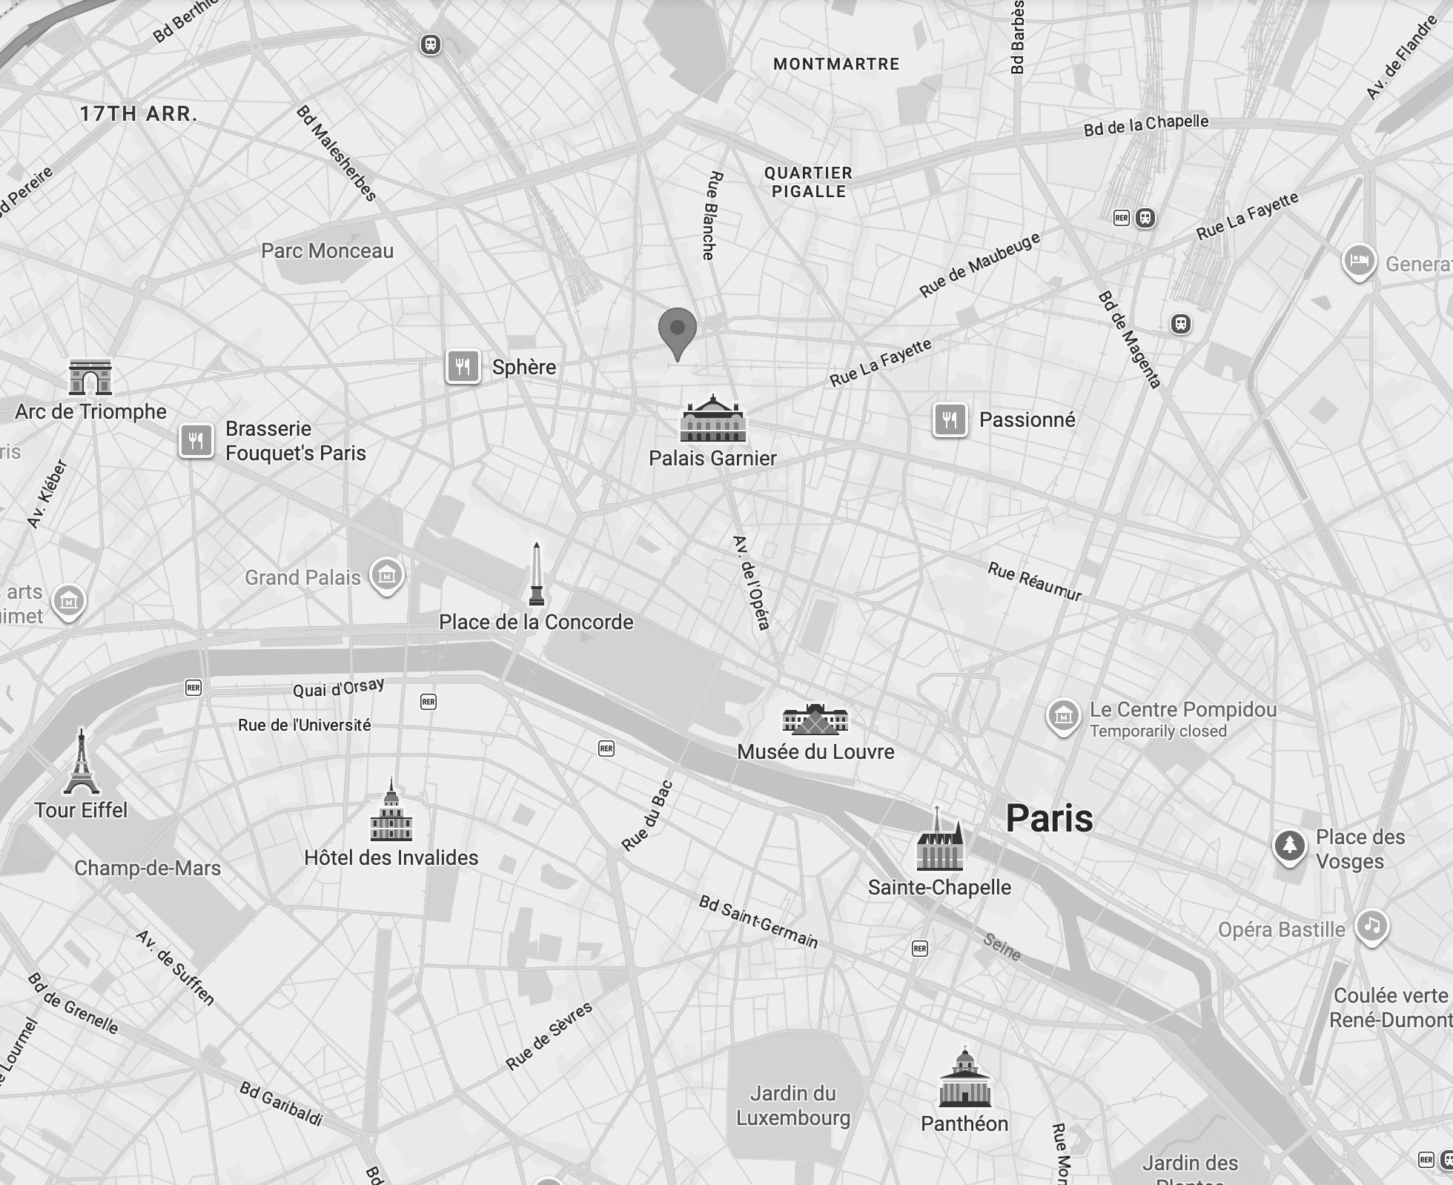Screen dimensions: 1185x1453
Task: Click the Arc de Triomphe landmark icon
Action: (x=90, y=377)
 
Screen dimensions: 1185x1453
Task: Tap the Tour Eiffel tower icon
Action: (x=82, y=763)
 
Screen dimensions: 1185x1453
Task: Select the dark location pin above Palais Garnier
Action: (x=677, y=331)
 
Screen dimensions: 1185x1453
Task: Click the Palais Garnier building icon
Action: (x=712, y=419)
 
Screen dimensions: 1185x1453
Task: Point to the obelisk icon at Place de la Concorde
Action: (x=536, y=575)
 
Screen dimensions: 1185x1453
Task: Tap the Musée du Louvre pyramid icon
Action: (x=815, y=720)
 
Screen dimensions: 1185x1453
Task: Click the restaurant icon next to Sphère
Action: (x=463, y=366)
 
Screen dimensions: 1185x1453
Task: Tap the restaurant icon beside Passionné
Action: (x=950, y=420)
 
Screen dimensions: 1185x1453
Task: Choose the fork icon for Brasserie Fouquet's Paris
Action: (x=196, y=441)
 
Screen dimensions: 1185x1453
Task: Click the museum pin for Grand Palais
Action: (x=387, y=574)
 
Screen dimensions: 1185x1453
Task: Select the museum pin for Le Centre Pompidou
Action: (x=1063, y=716)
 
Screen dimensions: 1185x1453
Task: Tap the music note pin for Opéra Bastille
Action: (x=1371, y=926)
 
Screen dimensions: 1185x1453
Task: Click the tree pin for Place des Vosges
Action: (x=1289, y=845)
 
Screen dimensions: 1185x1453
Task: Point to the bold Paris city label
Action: (x=1049, y=818)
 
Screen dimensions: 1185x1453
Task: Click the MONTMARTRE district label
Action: (x=836, y=64)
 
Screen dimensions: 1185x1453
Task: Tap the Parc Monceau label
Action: (x=327, y=251)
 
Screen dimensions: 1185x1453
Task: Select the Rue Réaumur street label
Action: (x=1034, y=582)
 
